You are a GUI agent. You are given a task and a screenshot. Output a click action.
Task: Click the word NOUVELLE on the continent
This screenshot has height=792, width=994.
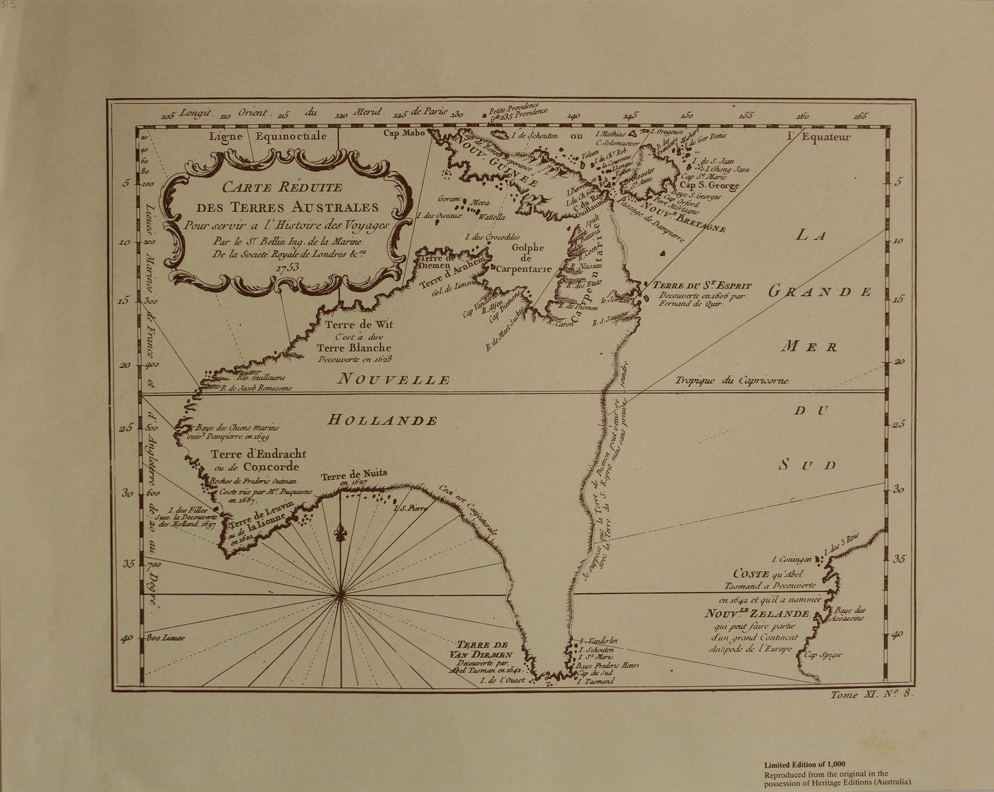(396, 379)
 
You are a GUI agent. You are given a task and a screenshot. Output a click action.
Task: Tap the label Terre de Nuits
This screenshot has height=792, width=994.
(354, 475)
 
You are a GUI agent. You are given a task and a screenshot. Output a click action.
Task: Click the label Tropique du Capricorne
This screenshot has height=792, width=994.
(731, 381)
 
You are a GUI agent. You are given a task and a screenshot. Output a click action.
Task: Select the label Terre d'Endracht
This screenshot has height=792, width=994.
(259, 454)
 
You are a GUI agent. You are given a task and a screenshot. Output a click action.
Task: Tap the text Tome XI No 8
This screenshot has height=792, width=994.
(872, 695)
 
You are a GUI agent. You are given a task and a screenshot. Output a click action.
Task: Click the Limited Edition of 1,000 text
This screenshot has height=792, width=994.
(805, 764)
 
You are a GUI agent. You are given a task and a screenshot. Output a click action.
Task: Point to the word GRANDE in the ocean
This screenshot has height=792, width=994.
(820, 291)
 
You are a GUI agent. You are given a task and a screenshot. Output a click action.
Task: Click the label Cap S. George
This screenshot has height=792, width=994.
(709, 185)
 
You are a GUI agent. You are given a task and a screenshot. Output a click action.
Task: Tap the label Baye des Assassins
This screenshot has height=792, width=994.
(850, 614)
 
